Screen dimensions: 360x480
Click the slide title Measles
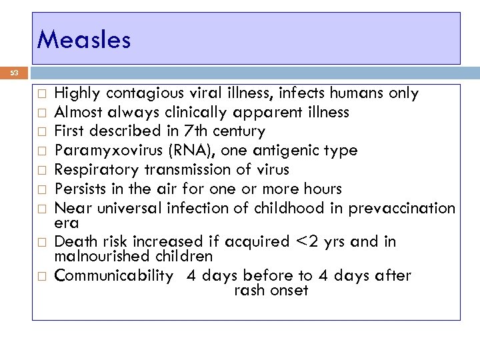coord(84,39)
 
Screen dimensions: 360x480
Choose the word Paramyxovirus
coord(103,151)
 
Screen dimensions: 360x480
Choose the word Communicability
coord(113,275)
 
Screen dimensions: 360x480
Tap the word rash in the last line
coord(249,290)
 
